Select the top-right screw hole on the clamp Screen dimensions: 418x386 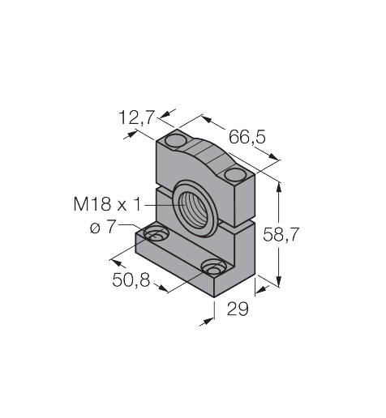tap(234, 174)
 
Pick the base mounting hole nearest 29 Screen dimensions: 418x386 tap(214, 267)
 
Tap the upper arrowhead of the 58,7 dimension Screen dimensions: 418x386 tap(280, 184)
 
